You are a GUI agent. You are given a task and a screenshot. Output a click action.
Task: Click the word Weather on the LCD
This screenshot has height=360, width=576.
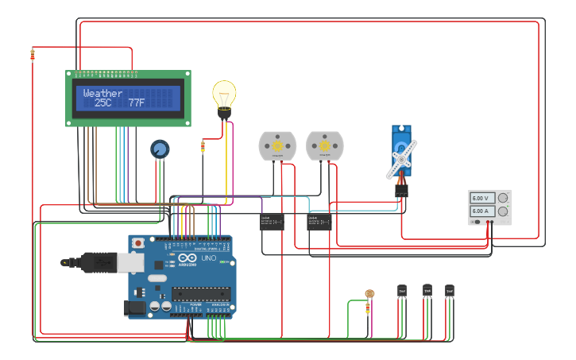point(102,93)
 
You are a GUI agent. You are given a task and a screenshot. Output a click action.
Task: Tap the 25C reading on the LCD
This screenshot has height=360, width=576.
point(103,103)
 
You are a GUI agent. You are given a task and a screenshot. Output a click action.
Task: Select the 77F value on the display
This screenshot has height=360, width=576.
point(137,103)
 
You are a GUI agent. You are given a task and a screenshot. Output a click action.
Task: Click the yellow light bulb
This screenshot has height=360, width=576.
point(224,96)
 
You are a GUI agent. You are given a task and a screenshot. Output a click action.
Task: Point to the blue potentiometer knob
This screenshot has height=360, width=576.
point(160,149)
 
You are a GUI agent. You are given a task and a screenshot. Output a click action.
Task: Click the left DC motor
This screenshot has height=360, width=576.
point(277,145)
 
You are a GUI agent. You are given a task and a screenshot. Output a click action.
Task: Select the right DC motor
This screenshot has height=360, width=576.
point(324,145)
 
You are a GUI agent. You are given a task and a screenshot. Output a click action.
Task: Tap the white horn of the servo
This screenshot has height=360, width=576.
point(401,159)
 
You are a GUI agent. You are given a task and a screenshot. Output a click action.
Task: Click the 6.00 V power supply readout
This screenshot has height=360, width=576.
point(481,198)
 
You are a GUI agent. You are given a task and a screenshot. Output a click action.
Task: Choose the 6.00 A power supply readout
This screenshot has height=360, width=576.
point(481,211)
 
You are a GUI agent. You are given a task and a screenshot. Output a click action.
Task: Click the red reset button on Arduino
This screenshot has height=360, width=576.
point(137,242)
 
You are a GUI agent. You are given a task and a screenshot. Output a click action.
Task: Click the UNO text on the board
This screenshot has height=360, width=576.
point(208,258)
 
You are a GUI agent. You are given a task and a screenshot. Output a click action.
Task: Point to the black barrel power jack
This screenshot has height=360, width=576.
point(136,306)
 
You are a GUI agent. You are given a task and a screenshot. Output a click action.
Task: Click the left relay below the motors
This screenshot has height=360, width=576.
point(272,222)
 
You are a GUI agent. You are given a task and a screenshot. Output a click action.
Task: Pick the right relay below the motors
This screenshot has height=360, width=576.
point(319,222)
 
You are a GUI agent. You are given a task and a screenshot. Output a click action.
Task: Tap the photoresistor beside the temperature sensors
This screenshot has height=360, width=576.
point(369,294)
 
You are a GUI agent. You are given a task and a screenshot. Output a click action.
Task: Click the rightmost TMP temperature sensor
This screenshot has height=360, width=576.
point(450,292)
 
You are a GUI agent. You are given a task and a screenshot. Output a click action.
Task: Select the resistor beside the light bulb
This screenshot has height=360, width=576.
point(203,145)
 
